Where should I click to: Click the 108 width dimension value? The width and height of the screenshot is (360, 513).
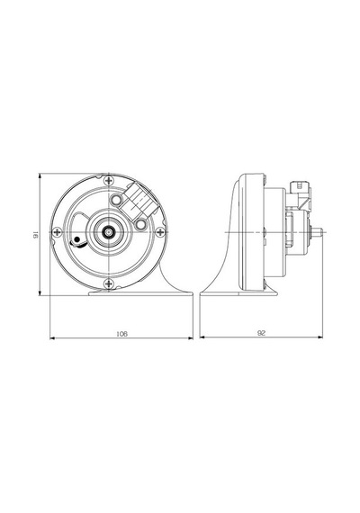(121, 334)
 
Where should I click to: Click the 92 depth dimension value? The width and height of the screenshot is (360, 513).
(262, 333)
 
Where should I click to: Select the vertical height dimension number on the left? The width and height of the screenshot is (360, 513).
(36, 234)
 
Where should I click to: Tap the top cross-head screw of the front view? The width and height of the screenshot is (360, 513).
(108, 180)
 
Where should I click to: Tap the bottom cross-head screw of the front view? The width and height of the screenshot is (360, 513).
(108, 283)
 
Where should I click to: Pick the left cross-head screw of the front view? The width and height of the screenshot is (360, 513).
(58, 232)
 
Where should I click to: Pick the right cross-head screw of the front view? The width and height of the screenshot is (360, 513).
(160, 232)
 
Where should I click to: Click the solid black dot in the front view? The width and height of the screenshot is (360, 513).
(76, 239)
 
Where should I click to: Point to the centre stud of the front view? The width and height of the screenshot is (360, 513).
(108, 232)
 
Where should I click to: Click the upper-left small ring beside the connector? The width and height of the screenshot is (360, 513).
(116, 199)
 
